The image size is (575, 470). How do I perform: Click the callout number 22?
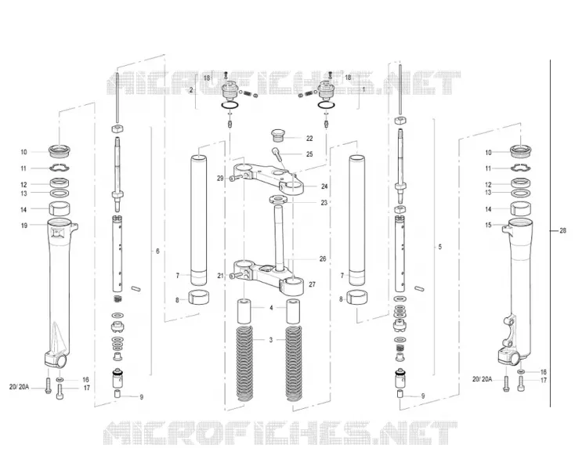click(x=309, y=138)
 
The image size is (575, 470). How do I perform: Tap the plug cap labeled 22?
click(x=278, y=135)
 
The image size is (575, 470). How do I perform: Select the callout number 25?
click(x=309, y=154)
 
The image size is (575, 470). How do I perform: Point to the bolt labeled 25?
click(x=277, y=154)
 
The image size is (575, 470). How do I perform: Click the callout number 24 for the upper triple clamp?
click(x=324, y=186)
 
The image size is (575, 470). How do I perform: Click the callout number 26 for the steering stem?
click(x=322, y=258)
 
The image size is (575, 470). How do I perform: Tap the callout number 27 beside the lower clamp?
click(x=312, y=284)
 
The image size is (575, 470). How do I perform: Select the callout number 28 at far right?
click(x=562, y=230)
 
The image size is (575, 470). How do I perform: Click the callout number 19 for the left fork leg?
click(x=24, y=226)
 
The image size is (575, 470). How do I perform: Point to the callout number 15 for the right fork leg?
click(x=488, y=225)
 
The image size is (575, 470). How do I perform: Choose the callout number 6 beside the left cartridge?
click(x=157, y=251)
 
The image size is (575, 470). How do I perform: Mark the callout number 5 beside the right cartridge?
click(x=440, y=247)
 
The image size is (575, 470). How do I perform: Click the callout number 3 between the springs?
click(x=270, y=340)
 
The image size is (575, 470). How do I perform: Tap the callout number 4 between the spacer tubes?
click(x=271, y=308)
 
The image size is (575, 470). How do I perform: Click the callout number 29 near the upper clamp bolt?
click(x=220, y=178)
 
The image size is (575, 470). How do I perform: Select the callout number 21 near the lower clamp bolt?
click(x=220, y=276)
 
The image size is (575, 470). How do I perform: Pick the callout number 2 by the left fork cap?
click(x=191, y=90)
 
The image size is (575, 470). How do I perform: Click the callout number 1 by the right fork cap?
click(x=363, y=89)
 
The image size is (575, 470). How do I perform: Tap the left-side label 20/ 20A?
click(x=19, y=387)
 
